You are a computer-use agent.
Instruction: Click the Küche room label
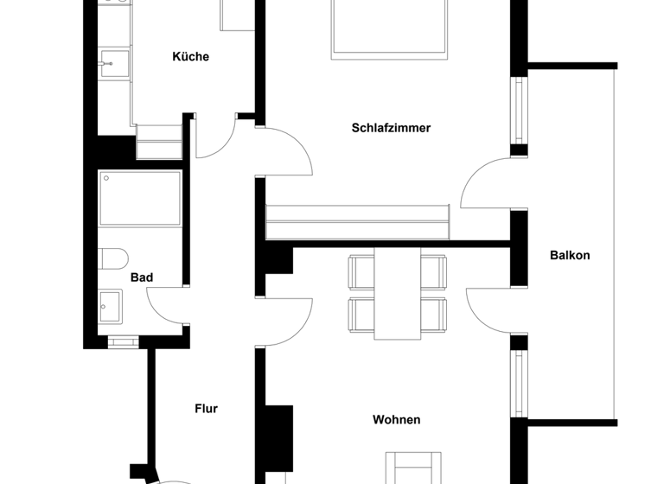(190, 57)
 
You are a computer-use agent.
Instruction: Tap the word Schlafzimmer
(391, 128)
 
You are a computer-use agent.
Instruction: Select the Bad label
(142, 277)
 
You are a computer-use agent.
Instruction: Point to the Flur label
(206, 409)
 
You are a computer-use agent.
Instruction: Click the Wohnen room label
(396, 420)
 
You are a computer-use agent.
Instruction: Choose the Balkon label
(570, 255)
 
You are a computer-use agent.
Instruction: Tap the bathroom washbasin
(111, 304)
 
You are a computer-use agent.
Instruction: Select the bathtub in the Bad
(139, 198)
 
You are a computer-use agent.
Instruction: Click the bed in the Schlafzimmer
(389, 30)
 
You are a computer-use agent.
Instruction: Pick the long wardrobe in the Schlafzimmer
(357, 222)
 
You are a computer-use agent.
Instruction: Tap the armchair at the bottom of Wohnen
(412, 468)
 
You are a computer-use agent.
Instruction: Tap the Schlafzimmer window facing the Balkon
(519, 111)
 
